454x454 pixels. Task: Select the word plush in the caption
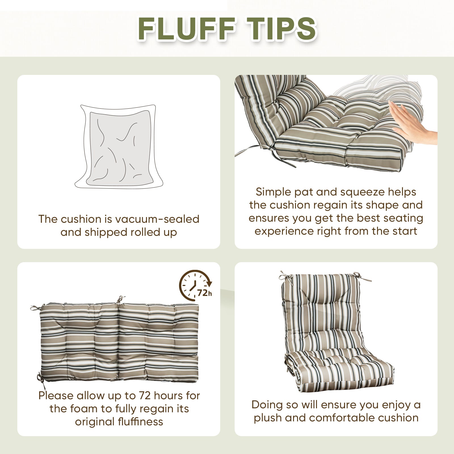[267, 418]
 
